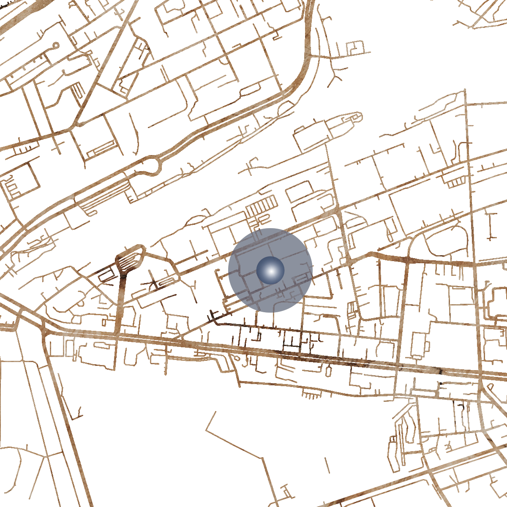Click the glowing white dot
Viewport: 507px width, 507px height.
[x=270, y=270]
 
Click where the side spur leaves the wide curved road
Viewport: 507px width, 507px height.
[x=311, y=55]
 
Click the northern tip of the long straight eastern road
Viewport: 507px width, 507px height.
[x=465, y=90]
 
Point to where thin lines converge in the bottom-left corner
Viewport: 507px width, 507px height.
[x=44, y=456]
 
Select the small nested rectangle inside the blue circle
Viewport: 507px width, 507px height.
[x=301, y=278]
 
